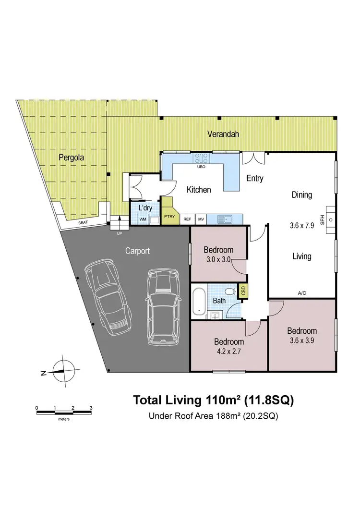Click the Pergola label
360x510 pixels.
tap(69, 157)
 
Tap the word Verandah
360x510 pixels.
tap(223, 134)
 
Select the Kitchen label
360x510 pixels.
tap(199, 190)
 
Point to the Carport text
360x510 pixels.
tap(137, 251)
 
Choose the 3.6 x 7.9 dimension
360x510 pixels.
tap(302, 225)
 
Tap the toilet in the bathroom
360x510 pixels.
tap(231, 291)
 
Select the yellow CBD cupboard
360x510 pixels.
tap(243, 291)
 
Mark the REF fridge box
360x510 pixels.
tap(187, 219)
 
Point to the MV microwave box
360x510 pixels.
tap(201, 219)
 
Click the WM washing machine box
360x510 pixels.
tap(143, 219)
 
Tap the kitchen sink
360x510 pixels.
tap(224, 219)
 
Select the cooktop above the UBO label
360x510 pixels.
tap(202, 158)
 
